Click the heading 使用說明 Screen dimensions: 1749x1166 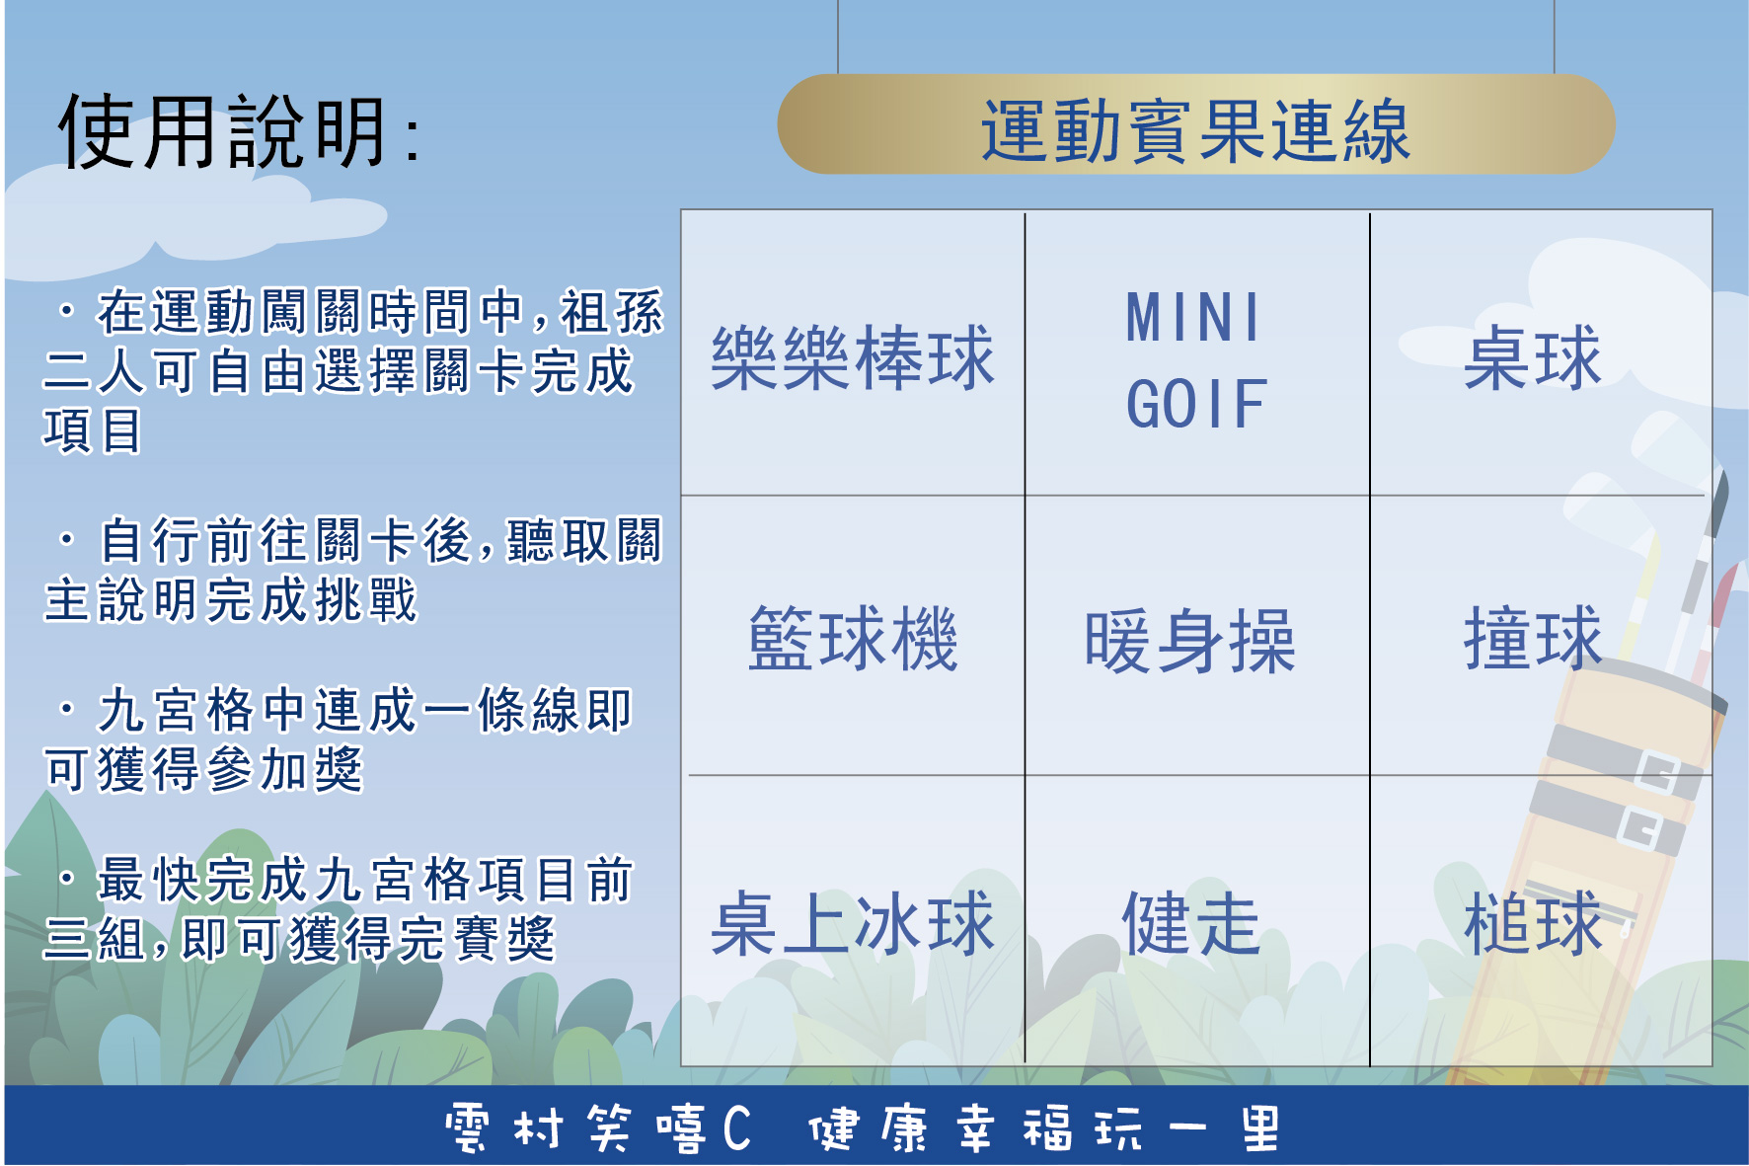tap(223, 131)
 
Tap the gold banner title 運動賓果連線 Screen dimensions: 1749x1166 tap(1195, 130)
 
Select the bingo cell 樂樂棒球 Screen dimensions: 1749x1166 tap(853, 357)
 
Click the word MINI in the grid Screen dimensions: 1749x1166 tap(1194, 318)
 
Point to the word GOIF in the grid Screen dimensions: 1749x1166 tap(1196, 405)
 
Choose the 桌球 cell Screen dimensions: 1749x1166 tap(1533, 357)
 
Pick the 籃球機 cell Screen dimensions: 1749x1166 tap(853, 639)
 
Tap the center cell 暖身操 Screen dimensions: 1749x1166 tap(1190, 642)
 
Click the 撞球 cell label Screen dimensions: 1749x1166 tap(1533, 639)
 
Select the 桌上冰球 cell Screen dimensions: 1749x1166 tap(853, 924)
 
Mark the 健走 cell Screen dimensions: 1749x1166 tap(1192, 924)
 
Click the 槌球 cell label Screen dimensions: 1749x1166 tap(1533, 924)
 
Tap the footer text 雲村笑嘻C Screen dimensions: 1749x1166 tap(598, 1128)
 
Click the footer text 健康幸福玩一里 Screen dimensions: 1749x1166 tap(1044, 1128)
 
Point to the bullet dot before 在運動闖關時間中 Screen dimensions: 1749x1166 tap(66, 312)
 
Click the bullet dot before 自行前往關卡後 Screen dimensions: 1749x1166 tap(66, 540)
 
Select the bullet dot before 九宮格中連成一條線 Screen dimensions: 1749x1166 tap(66, 709)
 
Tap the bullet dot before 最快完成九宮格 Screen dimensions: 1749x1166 tap(66, 879)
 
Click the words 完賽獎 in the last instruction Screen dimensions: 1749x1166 tap(476, 938)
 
